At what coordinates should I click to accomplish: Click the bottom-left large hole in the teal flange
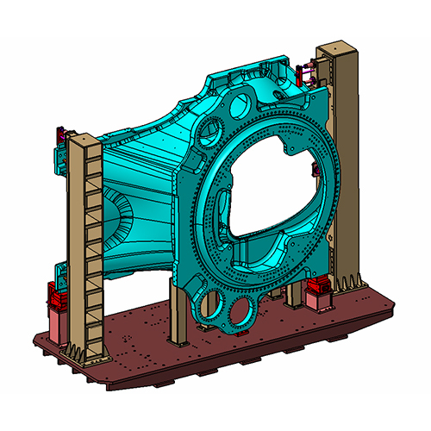click(x=209, y=302)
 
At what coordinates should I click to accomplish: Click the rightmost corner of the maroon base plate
click(x=395, y=302)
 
